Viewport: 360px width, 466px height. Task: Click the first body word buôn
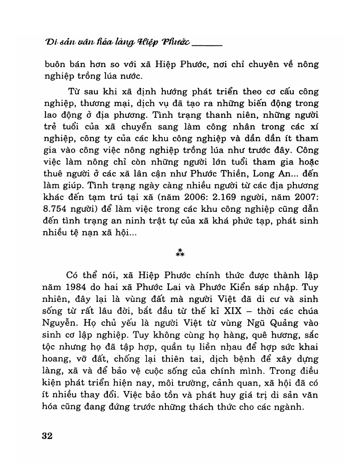click(x=55, y=64)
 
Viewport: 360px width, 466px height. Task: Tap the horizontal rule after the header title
click(x=207, y=45)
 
